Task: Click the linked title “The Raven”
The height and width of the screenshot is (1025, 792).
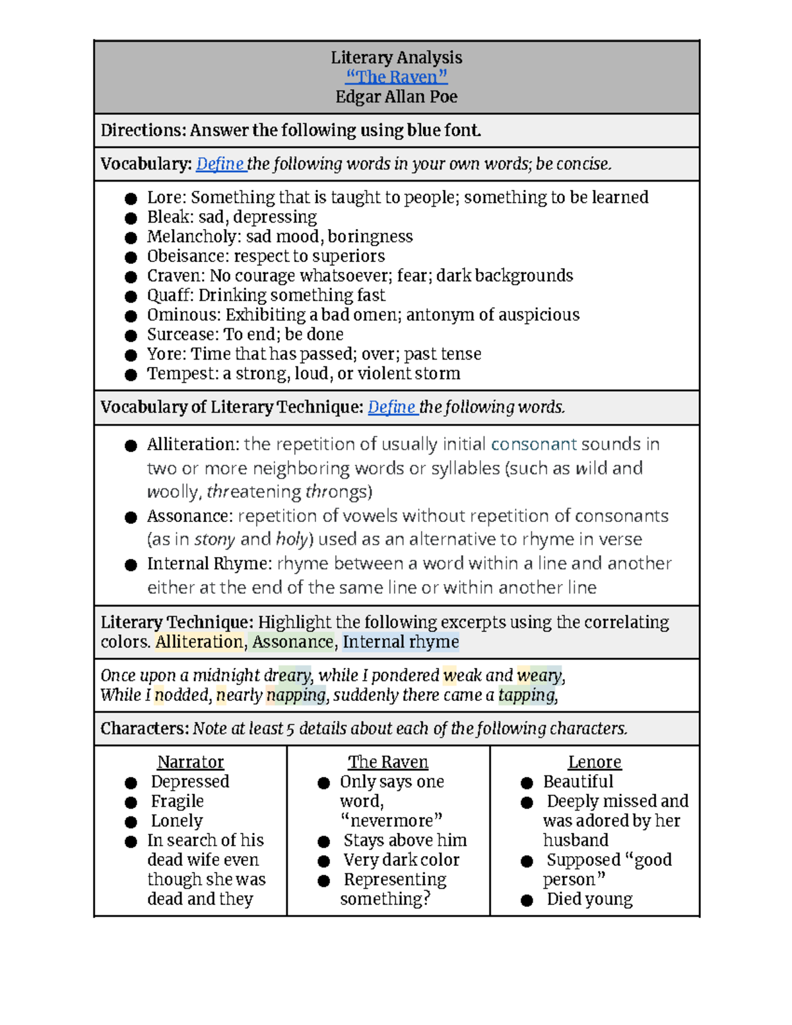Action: point(396,77)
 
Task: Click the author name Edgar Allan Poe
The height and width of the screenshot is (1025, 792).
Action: point(396,97)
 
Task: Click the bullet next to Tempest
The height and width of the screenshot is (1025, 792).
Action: point(131,374)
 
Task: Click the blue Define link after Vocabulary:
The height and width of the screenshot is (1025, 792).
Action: point(220,164)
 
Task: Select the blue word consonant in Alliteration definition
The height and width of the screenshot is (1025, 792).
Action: point(533,444)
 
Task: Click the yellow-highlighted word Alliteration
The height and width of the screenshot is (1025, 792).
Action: point(199,642)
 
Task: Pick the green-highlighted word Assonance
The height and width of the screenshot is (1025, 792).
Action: point(292,642)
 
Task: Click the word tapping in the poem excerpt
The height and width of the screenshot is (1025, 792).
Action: point(527,695)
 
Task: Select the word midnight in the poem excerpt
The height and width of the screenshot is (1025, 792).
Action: point(226,675)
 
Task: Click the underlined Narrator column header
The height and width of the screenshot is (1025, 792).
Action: point(190,762)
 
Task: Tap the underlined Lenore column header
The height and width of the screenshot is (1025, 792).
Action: point(594,762)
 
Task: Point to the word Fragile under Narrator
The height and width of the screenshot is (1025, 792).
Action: point(177,801)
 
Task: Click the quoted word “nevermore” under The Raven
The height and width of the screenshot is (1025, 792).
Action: point(391,821)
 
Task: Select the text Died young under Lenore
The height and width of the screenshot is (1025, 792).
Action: point(589,899)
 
